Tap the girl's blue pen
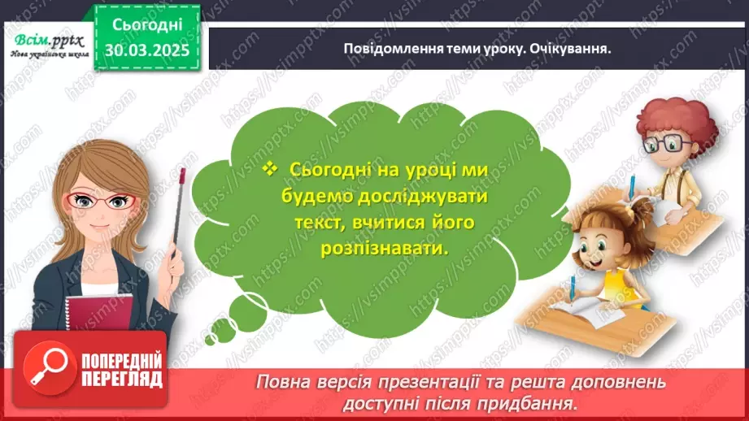click(x=574, y=288)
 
